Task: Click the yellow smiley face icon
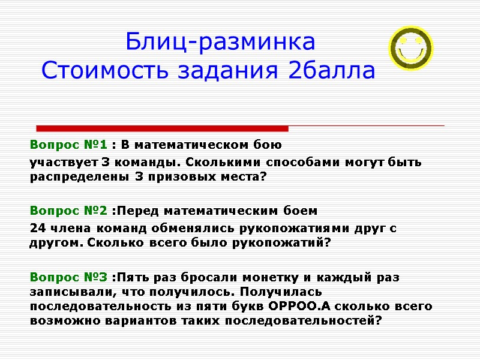click(x=411, y=48)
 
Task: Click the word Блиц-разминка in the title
click(x=220, y=43)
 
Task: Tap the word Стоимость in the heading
click(x=102, y=71)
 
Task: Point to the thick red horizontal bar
click(x=162, y=128)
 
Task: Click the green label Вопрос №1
click(x=69, y=145)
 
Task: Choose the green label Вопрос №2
click(x=69, y=211)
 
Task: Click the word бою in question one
click(x=269, y=145)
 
